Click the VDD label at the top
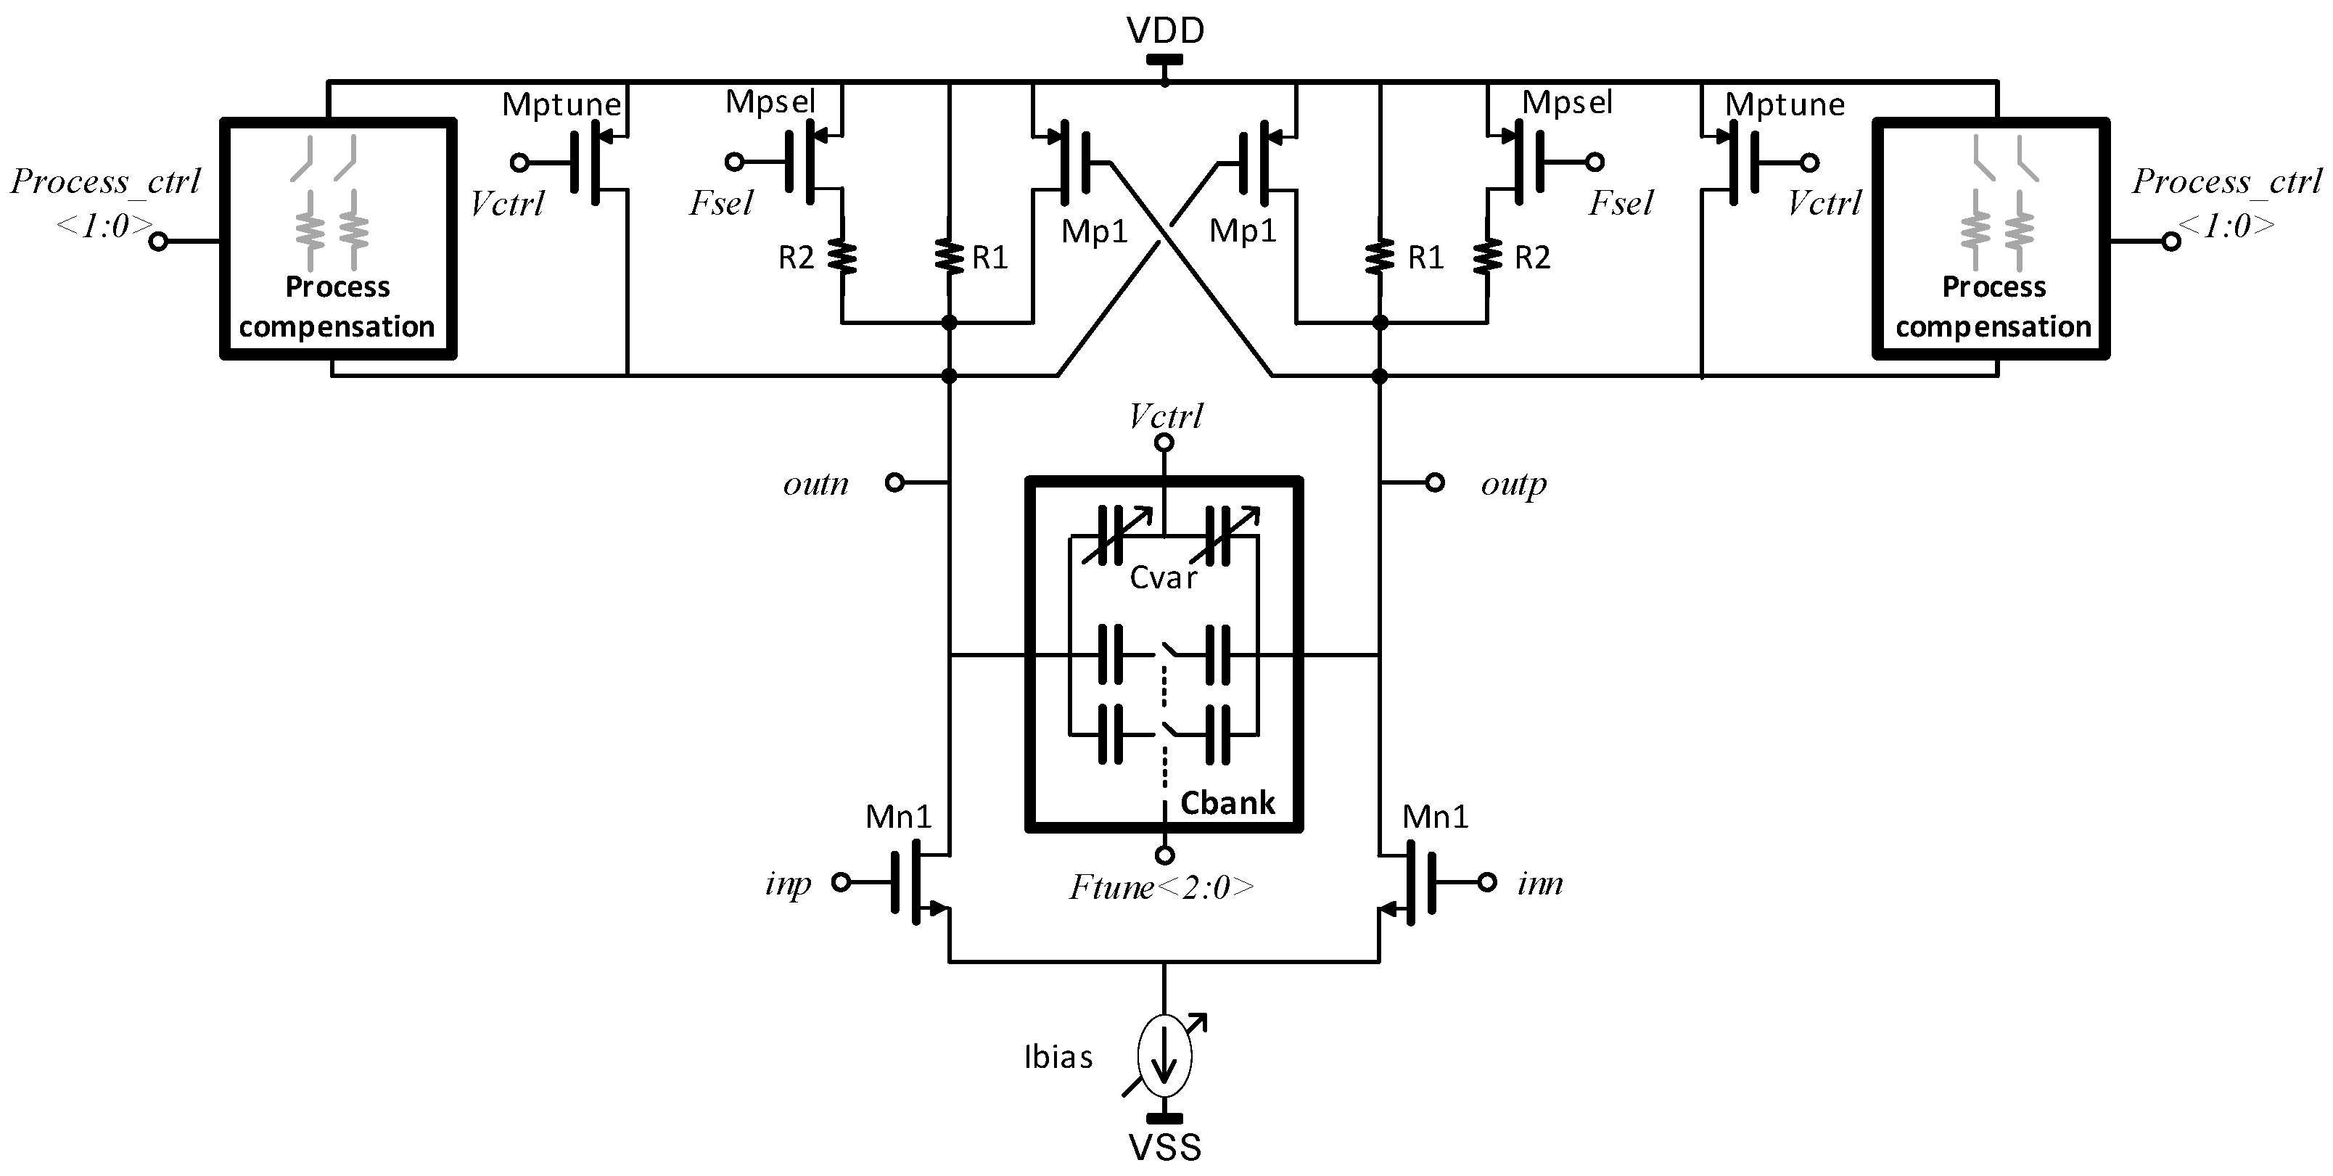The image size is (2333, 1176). (1165, 30)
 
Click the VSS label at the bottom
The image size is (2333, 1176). (1165, 1148)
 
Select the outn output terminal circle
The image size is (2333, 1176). (894, 483)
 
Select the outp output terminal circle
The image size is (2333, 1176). (1435, 483)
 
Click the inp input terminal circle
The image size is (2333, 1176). (842, 881)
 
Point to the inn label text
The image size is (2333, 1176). (1539, 882)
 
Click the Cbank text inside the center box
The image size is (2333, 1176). (1227, 802)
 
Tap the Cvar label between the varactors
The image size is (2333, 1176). (1163, 578)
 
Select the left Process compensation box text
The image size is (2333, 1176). (337, 306)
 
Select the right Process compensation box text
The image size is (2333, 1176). (1993, 306)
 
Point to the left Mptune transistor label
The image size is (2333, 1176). (561, 104)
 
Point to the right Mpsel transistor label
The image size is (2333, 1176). (1567, 102)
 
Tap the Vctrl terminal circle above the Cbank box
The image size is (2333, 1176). (1165, 442)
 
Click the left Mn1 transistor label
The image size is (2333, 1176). (898, 817)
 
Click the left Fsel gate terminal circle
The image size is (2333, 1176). (734, 163)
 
